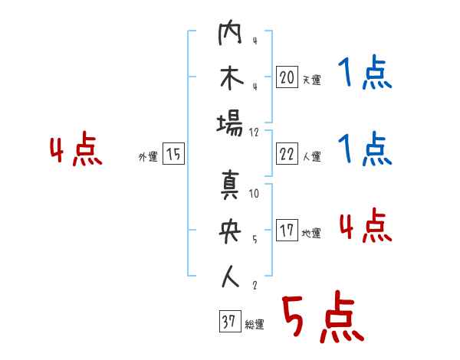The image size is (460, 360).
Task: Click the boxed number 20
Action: coord(287,77)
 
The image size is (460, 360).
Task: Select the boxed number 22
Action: coord(287,155)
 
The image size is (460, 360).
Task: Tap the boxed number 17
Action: coord(287,231)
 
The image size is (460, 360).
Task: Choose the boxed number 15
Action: coord(174,155)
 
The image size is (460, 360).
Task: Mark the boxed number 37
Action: coord(228,322)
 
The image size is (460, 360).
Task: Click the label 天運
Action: coord(311,80)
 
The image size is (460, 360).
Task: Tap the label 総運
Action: coord(254,325)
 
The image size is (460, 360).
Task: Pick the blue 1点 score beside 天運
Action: coord(365,74)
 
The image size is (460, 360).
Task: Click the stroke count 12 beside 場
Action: coord(254,132)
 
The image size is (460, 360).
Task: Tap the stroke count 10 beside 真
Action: coord(254,193)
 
